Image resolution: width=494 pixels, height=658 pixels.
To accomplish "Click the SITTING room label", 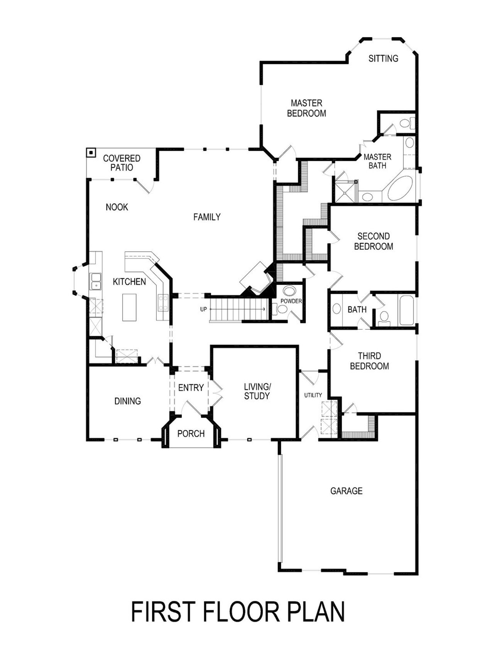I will [x=383, y=59].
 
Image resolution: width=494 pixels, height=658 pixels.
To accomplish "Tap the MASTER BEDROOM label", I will [x=306, y=108].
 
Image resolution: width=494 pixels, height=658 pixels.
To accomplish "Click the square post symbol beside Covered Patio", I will [x=91, y=153].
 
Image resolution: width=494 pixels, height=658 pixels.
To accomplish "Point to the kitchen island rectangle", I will [x=129, y=307].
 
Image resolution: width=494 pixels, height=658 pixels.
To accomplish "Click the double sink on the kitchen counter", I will [x=95, y=281].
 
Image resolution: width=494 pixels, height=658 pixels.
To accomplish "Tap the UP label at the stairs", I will [x=203, y=309].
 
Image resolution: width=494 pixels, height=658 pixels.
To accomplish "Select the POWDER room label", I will [x=291, y=301].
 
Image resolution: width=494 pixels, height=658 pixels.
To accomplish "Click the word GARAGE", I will [x=346, y=491].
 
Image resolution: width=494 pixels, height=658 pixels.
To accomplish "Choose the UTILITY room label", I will [x=313, y=395].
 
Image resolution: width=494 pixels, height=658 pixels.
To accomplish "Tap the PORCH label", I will [x=191, y=434].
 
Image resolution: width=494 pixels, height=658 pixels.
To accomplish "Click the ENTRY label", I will [x=191, y=388].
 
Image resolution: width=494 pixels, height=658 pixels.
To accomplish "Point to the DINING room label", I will [x=127, y=401].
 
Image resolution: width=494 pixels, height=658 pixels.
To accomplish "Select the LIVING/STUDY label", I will [x=257, y=391].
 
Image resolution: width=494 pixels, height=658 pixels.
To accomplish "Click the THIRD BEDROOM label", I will [x=369, y=361].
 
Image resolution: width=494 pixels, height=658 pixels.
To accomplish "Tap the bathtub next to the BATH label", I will [x=407, y=310].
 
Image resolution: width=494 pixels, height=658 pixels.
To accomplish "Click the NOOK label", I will [x=117, y=207].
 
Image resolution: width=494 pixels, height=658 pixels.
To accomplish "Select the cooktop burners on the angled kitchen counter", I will [x=162, y=302].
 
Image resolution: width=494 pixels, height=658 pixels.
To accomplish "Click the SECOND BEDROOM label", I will [x=373, y=241].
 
